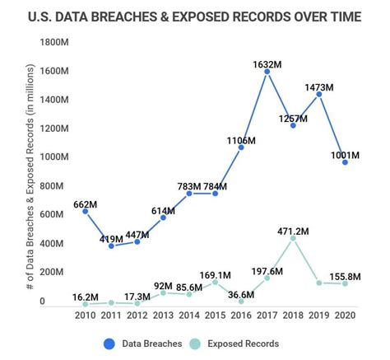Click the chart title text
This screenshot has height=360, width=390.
[x=196, y=16]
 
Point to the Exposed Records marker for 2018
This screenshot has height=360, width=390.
[x=293, y=239]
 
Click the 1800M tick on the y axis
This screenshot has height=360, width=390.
[x=52, y=42]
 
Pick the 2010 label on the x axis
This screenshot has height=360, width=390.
[x=85, y=316]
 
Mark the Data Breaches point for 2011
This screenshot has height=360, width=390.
[x=111, y=245]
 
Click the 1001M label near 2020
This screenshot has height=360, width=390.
[x=345, y=155]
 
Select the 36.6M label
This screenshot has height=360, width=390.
[x=242, y=293]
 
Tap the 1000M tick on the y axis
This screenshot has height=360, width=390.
[x=52, y=157]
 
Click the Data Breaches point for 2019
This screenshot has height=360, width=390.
[x=319, y=95]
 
